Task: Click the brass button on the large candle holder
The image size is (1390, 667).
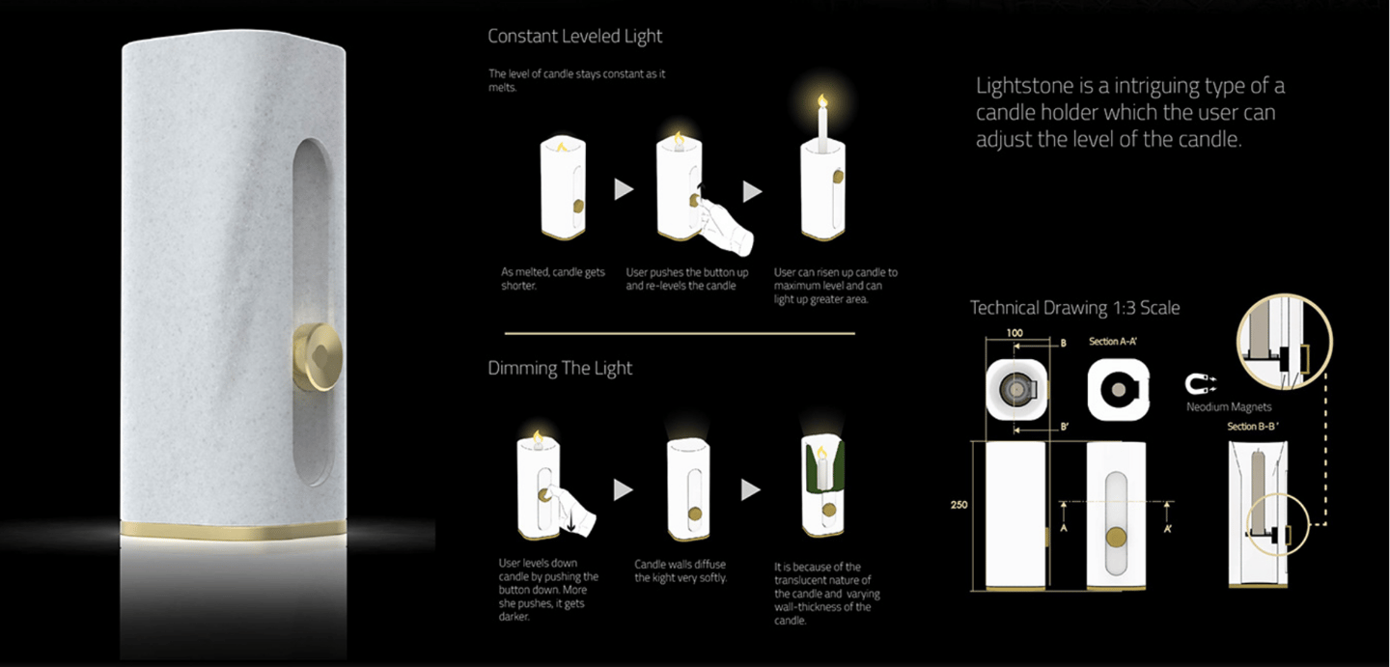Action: [317, 357]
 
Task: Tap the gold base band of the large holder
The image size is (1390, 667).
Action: [234, 531]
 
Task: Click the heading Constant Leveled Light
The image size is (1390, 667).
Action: [574, 37]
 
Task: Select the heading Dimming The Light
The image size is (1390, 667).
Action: [560, 369]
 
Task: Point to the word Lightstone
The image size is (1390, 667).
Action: [1028, 86]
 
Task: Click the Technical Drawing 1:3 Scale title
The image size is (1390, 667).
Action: [1074, 308]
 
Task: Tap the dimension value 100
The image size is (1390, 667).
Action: [1015, 333]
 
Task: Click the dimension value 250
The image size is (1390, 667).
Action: [959, 505]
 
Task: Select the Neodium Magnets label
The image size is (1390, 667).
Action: [1229, 407]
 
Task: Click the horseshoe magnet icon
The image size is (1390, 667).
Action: [1200, 383]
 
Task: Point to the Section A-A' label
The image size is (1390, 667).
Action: [1113, 342]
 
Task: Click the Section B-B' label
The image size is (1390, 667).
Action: [1252, 427]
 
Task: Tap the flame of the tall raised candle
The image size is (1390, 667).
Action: [822, 100]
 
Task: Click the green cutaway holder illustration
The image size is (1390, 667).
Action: [822, 486]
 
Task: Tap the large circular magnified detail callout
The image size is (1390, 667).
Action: [1285, 342]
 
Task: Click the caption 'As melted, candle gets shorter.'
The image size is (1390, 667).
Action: [552, 279]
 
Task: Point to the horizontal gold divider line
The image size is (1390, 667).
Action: [680, 334]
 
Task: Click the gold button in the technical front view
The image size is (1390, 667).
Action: [1116, 538]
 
